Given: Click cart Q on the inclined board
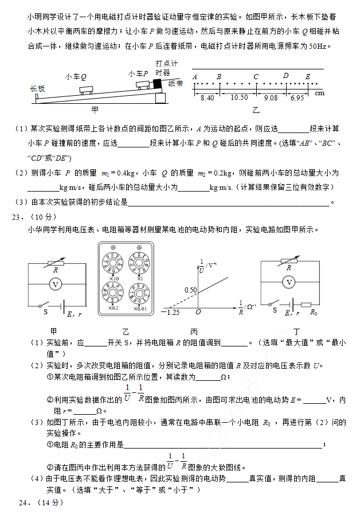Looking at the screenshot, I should (87, 89).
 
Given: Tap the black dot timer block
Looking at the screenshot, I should (156, 83).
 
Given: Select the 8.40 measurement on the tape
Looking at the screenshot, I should (207, 98).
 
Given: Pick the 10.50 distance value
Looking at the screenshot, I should (239, 98).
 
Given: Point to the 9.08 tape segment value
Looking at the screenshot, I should (271, 98).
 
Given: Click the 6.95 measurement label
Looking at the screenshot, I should (297, 98).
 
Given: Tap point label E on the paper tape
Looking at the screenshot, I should (308, 76).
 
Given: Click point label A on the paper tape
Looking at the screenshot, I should (195, 76).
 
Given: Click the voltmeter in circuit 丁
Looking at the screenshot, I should (289, 282).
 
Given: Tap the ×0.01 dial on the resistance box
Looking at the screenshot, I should (139, 294).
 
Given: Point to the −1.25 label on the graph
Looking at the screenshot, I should (170, 312).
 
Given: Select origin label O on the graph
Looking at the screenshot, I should (198, 312).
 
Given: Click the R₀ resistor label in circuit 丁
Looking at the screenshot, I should (314, 313).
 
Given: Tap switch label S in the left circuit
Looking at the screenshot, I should (45, 312).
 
